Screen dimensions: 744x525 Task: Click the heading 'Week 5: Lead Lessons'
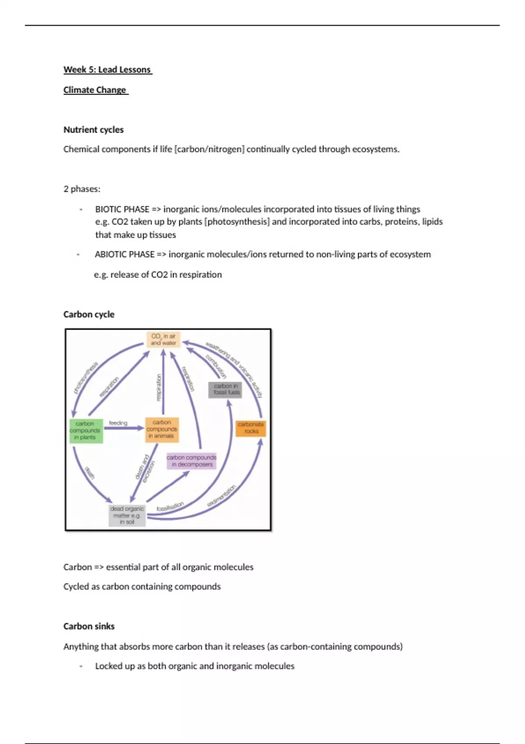(x=107, y=70)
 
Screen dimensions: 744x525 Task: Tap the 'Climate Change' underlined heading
(x=95, y=90)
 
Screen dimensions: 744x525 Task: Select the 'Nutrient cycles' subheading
(x=93, y=130)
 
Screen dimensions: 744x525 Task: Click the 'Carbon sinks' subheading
(x=89, y=626)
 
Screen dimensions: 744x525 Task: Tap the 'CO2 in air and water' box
(x=163, y=340)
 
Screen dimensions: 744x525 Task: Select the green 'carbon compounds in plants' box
(x=86, y=431)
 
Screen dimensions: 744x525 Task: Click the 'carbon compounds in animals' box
(x=162, y=429)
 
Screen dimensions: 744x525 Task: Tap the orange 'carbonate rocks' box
(x=251, y=428)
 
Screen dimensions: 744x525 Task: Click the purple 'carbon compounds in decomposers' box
(x=192, y=461)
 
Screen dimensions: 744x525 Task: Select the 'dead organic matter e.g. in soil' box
(x=127, y=516)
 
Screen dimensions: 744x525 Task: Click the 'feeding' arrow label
(x=118, y=423)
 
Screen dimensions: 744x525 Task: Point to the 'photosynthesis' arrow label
(x=86, y=377)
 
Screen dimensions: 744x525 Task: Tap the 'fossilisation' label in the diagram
(x=170, y=506)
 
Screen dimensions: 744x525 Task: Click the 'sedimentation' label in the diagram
(x=221, y=496)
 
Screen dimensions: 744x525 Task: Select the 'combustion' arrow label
(x=216, y=366)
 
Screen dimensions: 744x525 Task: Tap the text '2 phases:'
(x=82, y=189)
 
